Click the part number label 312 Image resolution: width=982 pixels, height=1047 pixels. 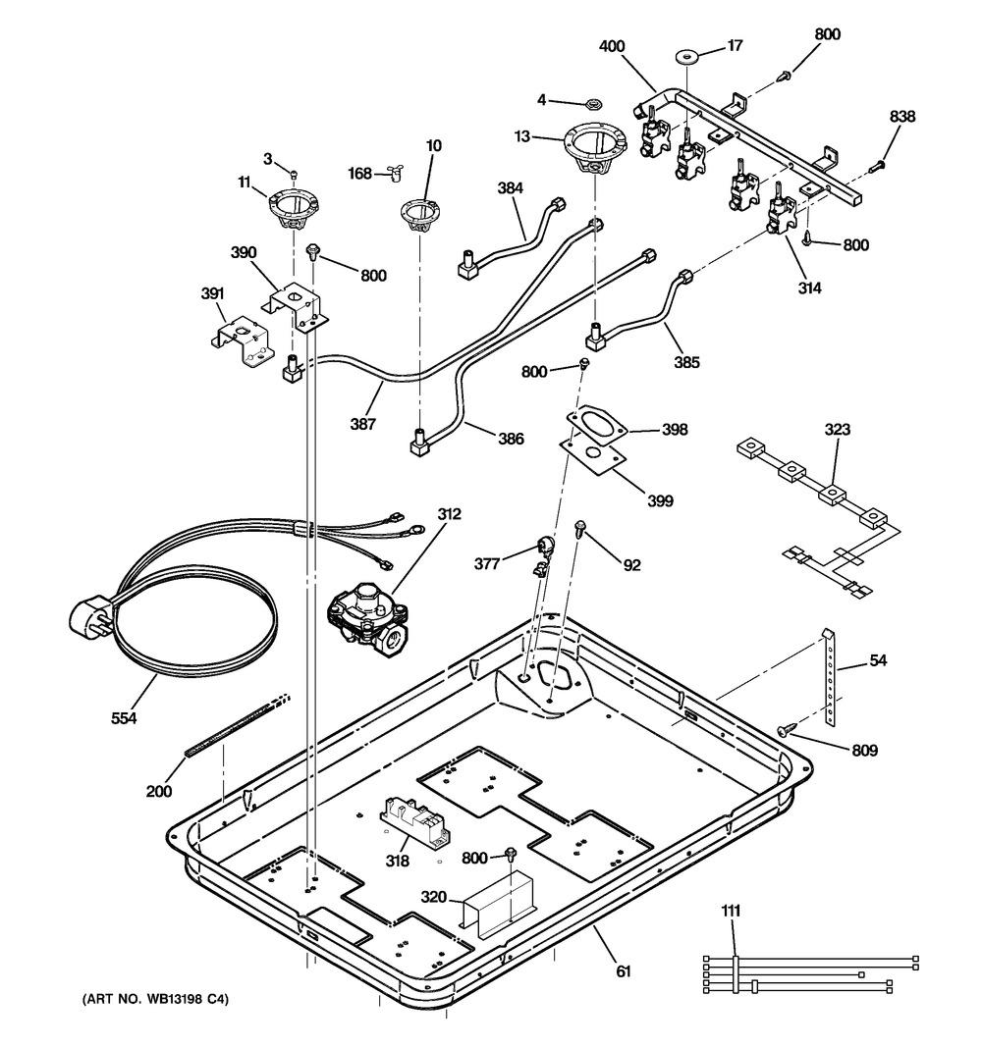[450, 514]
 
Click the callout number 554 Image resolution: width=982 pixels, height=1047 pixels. [123, 718]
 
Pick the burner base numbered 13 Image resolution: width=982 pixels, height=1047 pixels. [595, 148]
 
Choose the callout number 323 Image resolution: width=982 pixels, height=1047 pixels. [837, 430]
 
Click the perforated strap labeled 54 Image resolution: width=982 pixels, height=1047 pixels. [831, 678]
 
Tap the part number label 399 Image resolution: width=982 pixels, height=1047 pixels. [660, 500]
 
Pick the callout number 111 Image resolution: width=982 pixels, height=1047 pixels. [730, 912]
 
